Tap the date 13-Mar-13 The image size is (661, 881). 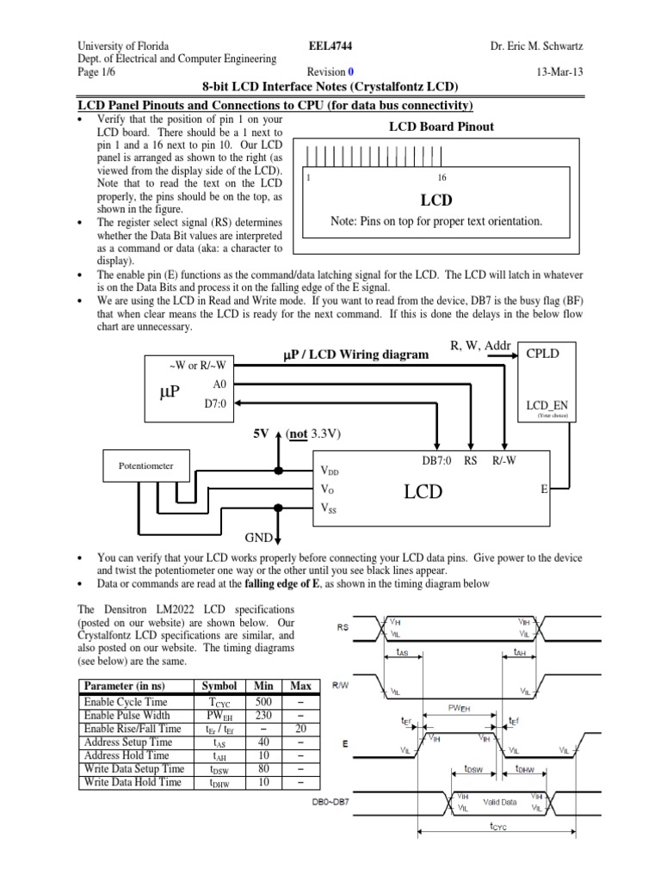pos(559,73)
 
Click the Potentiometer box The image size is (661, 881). pos(145,465)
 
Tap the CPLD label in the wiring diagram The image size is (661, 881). pos(543,353)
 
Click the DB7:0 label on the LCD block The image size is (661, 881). pos(436,461)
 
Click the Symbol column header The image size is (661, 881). pos(218,687)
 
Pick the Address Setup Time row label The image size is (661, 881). pos(127,742)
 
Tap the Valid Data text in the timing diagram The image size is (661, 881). pos(499,802)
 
